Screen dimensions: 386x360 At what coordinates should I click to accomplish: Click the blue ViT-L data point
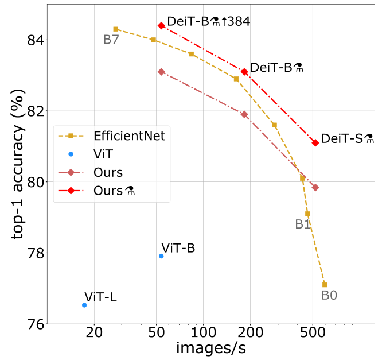tap(84, 305)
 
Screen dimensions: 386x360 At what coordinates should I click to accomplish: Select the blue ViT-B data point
tap(161, 256)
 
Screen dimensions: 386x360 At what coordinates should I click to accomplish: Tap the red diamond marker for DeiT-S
tap(315, 142)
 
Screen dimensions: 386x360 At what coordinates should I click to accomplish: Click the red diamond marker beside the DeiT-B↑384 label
tap(161, 26)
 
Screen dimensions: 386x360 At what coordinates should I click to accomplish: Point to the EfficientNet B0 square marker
tap(325, 285)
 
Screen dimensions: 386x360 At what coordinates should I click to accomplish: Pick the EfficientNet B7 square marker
tap(116, 29)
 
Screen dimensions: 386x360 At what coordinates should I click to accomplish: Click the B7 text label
tap(111, 40)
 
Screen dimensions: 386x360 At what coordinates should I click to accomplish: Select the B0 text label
tap(329, 295)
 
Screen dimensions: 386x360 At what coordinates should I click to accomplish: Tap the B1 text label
tap(302, 224)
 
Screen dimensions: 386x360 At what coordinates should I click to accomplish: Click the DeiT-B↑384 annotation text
tap(209, 21)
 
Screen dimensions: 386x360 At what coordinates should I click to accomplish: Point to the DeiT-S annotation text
tap(348, 138)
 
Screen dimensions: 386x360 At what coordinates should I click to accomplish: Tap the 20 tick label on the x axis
tap(94, 332)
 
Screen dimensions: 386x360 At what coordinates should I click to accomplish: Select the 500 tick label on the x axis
tap(313, 332)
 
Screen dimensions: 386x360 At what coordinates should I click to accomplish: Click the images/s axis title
tap(211, 349)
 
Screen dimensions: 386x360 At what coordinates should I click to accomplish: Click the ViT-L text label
tap(100, 297)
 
